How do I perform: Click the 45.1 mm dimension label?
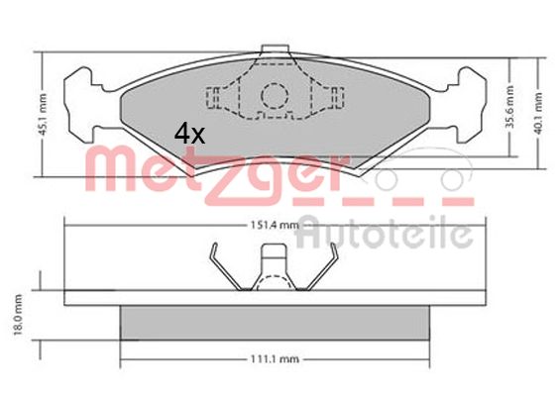pyautogui.click(x=43, y=115)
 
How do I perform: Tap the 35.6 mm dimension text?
pyautogui.click(x=510, y=107)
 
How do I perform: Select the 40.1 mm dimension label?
pyautogui.click(x=539, y=114)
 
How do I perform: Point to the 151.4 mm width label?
pyautogui.click(x=275, y=225)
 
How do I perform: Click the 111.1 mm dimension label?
pyautogui.click(x=275, y=359)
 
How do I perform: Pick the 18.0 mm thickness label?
pyautogui.click(x=18, y=315)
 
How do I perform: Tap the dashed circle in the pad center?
pyautogui.click(x=275, y=96)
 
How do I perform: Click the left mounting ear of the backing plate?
pyautogui.click(x=83, y=105)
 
